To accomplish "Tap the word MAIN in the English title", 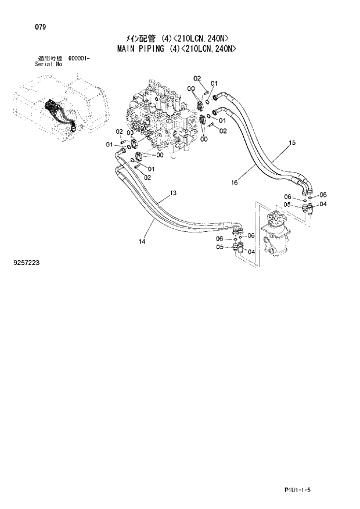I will click(119, 49).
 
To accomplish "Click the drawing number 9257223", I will click(26, 263).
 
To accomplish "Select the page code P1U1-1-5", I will click(322, 491).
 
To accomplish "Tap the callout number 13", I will click(173, 193).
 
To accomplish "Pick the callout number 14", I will click(142, 241).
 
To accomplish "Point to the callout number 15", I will click(292, 142).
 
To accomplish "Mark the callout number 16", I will click(235, 182).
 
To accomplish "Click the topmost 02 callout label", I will click(197, 78).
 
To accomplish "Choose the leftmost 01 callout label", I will click(109, 144).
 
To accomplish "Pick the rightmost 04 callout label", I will click(323, 204).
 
